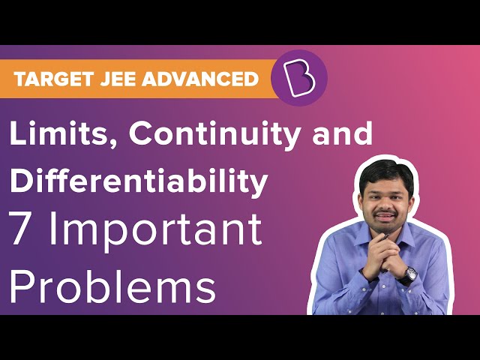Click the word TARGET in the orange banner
pos(53,79)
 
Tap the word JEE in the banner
pos(118,79)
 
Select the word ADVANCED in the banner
pos(200,79)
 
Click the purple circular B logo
pos(299,78)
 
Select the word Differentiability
pos(139,181)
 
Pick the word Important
pos(156,232)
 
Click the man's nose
pos(385,202)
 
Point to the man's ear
pos(361,202)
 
